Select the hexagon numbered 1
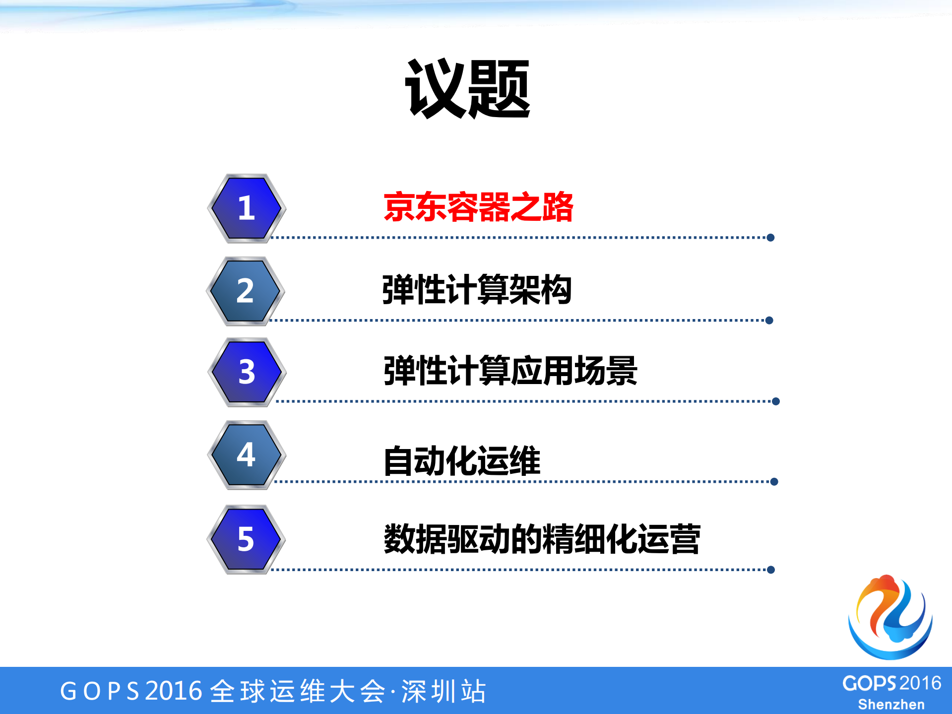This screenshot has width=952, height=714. pyautogui.click(x=247, y=208)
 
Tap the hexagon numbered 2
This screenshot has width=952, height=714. pyautogui.click(x=246, y=291)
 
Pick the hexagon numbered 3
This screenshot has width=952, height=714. pyautogui.click(x=247, y=372)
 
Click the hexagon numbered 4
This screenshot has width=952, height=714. pyautogui.click(x=247, y=454)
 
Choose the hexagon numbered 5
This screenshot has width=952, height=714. pyautogui.click(x=246, y=539)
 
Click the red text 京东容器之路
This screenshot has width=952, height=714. pyautogui.click(x=478, y=207)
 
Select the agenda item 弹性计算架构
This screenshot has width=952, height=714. pyautogui.click(x=477, y=290)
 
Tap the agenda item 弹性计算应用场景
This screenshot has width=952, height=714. pyautogui.click(x=510, y=371)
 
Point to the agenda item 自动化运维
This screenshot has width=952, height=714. pyautogui.click(x=462, y=461)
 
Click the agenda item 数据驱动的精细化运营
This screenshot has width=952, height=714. pyautogui.click(x=542, y=539)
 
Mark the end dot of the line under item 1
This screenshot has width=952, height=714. pyautogui.click(x=770, y=238)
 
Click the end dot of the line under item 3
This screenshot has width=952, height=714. pyautogui.click(x=776, y=401)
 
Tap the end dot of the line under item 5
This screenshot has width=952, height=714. pyautogui.click(x=771, y=570)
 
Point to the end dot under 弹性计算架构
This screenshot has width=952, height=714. pyautogui.click(x=769, y=321)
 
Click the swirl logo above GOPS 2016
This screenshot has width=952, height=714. pyautogui.click(x=890, y=617)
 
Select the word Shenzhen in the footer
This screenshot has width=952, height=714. pyautogui.click(x=891, y=705)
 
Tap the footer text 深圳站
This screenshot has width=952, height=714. pyautogui.click(x=444, y=691)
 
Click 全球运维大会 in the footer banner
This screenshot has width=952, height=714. pyautogui.click(x=298, y=691)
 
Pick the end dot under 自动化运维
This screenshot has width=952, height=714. pyautogui.click(x=774, y=482)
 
